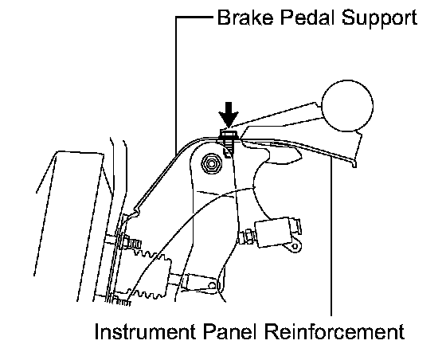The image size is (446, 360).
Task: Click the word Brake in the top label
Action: point(245,18)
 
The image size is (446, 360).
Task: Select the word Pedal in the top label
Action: point(307,18)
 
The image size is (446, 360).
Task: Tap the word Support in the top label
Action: point(379,20)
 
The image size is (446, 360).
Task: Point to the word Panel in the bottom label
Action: point(231,331)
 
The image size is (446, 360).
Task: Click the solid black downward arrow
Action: point(228,115)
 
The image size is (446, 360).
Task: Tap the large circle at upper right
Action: point(347,106)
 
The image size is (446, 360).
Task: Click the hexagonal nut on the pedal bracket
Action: point(211,163)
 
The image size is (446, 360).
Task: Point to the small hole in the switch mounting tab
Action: point(295,245)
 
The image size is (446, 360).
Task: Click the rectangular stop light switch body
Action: point(274,230)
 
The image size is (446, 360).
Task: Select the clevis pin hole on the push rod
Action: point(213,285)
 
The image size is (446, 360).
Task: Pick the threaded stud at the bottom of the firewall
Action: point(121,301)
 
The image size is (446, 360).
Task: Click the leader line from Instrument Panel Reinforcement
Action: point(331,237)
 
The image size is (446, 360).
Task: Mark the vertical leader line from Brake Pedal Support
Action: point(176,84)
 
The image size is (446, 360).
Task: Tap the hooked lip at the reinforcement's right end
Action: point(354,164)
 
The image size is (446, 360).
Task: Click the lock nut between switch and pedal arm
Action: point(247,237)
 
